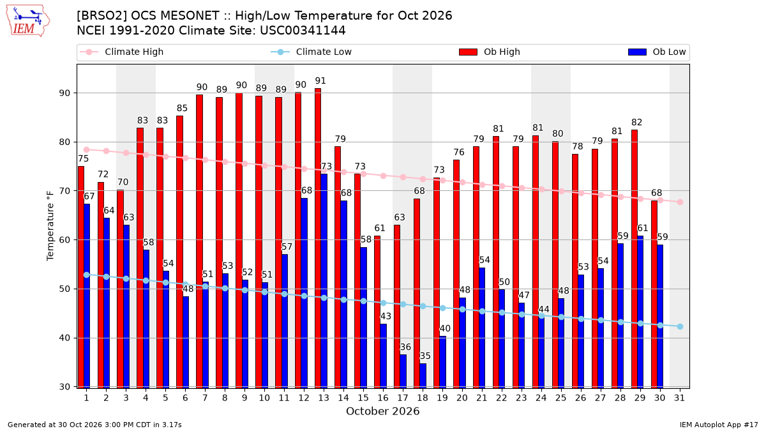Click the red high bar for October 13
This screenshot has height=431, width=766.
[318, 238]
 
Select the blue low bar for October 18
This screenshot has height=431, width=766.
[423, 375]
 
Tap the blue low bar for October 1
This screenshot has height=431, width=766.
[87, 296]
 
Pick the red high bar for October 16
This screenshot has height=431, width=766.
[377, 312]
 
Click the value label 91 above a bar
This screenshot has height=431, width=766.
[320, 80]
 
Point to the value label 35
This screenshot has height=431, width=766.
[425, 356]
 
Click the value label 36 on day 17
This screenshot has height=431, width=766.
[405, 347]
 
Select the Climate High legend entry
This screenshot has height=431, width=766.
[122, 52]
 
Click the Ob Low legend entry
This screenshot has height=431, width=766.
[657, 52]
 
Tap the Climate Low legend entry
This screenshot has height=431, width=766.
[312, 52]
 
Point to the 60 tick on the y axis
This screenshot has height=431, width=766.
[64, 240]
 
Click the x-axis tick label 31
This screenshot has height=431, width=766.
[679, 398]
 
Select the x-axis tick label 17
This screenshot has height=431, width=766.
[403, 398]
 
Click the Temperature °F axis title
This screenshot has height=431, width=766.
[50, 226]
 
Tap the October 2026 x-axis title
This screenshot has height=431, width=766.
[382, 411]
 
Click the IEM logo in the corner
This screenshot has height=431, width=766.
[28, 21]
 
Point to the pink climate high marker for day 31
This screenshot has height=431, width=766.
[680, 202]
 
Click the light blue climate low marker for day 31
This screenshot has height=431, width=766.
[680, 327]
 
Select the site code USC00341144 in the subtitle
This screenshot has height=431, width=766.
[303, 31]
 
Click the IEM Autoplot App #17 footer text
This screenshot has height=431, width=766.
[719, 425]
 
